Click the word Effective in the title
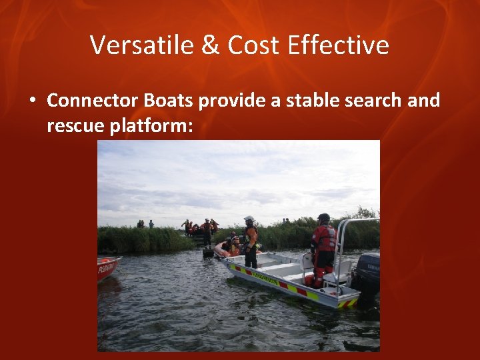click(339, 45)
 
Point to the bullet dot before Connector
click(31, 101)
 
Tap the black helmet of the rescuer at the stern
click(324, 218)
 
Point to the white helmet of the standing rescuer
click(249, 219)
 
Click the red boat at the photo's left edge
click(107, 267)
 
